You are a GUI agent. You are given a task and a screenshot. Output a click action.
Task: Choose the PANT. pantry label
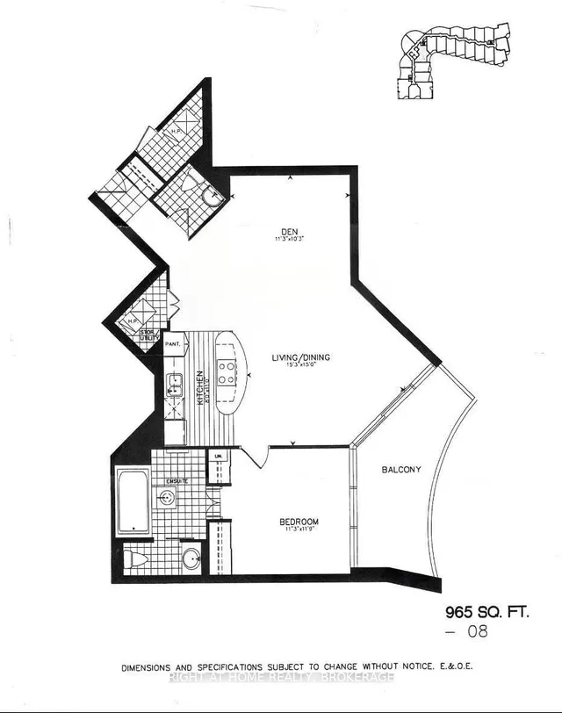coord(172,344)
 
